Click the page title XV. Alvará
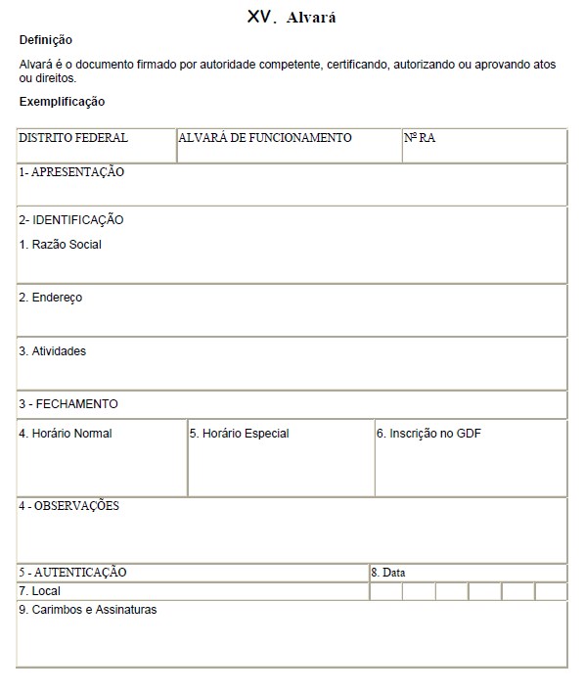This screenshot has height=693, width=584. point(292,17)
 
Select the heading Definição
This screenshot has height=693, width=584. point(45,40)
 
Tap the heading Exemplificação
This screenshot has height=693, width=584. point(62,102)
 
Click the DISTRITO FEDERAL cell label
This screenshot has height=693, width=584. point(73,138)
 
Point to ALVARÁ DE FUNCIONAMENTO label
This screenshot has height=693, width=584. point(265,138)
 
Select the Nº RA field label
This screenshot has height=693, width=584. point(420,138)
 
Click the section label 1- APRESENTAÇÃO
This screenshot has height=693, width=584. point(71,172)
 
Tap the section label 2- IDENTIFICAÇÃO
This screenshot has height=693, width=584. point(71,220)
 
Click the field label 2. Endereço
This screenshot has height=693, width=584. point(51,298)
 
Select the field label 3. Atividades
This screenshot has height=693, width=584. point(53,350)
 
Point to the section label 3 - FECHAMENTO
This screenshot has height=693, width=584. point(68,404)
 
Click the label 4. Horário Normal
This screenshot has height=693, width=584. point(66,434)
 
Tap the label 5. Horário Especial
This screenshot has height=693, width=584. point(240,434)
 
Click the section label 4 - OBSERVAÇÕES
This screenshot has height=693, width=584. point(68,506)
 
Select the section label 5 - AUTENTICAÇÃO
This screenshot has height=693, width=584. point(72,573)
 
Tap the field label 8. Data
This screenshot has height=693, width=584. point(387,573)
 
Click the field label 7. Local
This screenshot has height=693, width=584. point(40,591)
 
